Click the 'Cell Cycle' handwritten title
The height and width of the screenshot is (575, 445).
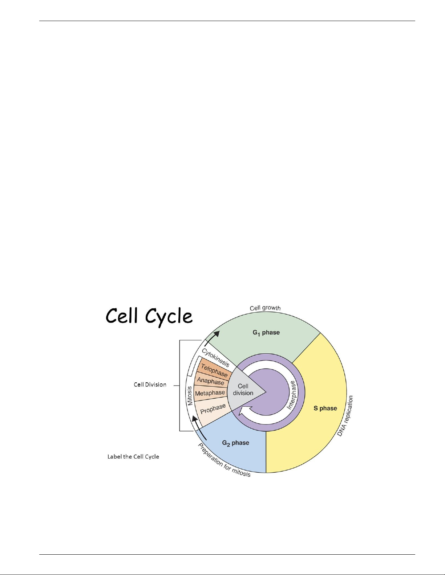149,317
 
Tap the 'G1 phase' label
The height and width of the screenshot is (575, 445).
266,333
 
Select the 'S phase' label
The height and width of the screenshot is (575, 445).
325,408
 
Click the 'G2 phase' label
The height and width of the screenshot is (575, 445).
235,443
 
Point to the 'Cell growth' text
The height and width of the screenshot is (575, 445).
265,308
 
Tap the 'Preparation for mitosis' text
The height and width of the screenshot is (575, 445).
224,460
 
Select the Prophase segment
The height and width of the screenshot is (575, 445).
212,410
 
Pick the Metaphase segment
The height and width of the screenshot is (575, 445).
210,393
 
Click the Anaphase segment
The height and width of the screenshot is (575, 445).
211,381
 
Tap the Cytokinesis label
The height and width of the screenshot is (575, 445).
215,358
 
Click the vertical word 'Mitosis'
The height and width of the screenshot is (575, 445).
190,396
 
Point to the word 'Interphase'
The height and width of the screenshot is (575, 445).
292,395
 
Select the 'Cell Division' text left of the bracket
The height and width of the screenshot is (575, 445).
150,385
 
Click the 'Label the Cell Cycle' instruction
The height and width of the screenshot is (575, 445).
133,456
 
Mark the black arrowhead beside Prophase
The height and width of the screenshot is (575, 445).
195,419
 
